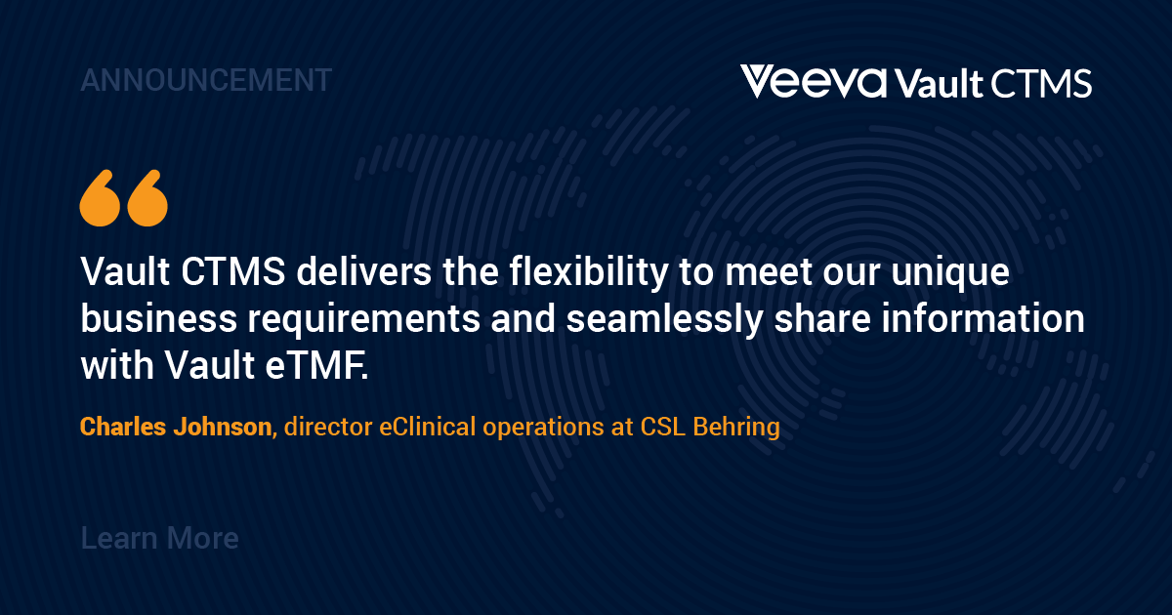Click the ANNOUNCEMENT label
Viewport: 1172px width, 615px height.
click(206, 80)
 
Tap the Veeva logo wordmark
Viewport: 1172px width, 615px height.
click(814, 82)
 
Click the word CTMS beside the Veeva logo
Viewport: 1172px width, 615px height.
click(1041, 84)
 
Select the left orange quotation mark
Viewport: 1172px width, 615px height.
click(101, 197)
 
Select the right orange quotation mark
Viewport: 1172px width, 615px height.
click(147, 197)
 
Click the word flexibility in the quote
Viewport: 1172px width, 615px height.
click(589, 272)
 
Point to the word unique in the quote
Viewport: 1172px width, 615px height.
click(950, 272)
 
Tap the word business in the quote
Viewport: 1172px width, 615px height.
click(158, 318)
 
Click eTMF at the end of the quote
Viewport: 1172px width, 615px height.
click(317, 365)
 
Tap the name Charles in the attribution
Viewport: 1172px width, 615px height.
click(123, 427)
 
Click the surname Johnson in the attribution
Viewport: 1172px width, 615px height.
click(224, 427)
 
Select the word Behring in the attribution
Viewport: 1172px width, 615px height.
click(736, 428)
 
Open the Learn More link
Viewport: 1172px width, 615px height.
click(159, 538)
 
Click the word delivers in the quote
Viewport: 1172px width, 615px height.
click(363, 272)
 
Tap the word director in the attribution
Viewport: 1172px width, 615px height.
click(328, 427)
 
